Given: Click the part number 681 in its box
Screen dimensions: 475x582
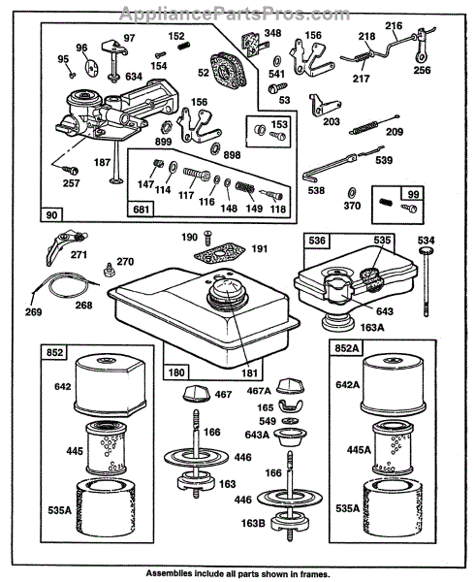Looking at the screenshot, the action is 141,210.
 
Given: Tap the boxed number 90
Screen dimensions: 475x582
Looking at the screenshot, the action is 51,215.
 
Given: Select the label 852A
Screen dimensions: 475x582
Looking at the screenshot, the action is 347,348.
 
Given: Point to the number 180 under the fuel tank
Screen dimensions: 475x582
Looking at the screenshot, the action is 176,372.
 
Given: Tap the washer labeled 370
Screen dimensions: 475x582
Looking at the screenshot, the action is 351,193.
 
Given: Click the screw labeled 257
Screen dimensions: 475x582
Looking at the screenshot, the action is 71,170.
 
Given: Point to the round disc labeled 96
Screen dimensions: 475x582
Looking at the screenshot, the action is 91,68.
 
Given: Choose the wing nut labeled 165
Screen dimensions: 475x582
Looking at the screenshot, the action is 290,405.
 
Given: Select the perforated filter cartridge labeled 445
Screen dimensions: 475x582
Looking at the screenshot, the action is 106,448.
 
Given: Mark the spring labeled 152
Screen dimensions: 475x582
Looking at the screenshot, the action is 183,46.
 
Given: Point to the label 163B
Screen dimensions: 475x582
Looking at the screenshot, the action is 252,523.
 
